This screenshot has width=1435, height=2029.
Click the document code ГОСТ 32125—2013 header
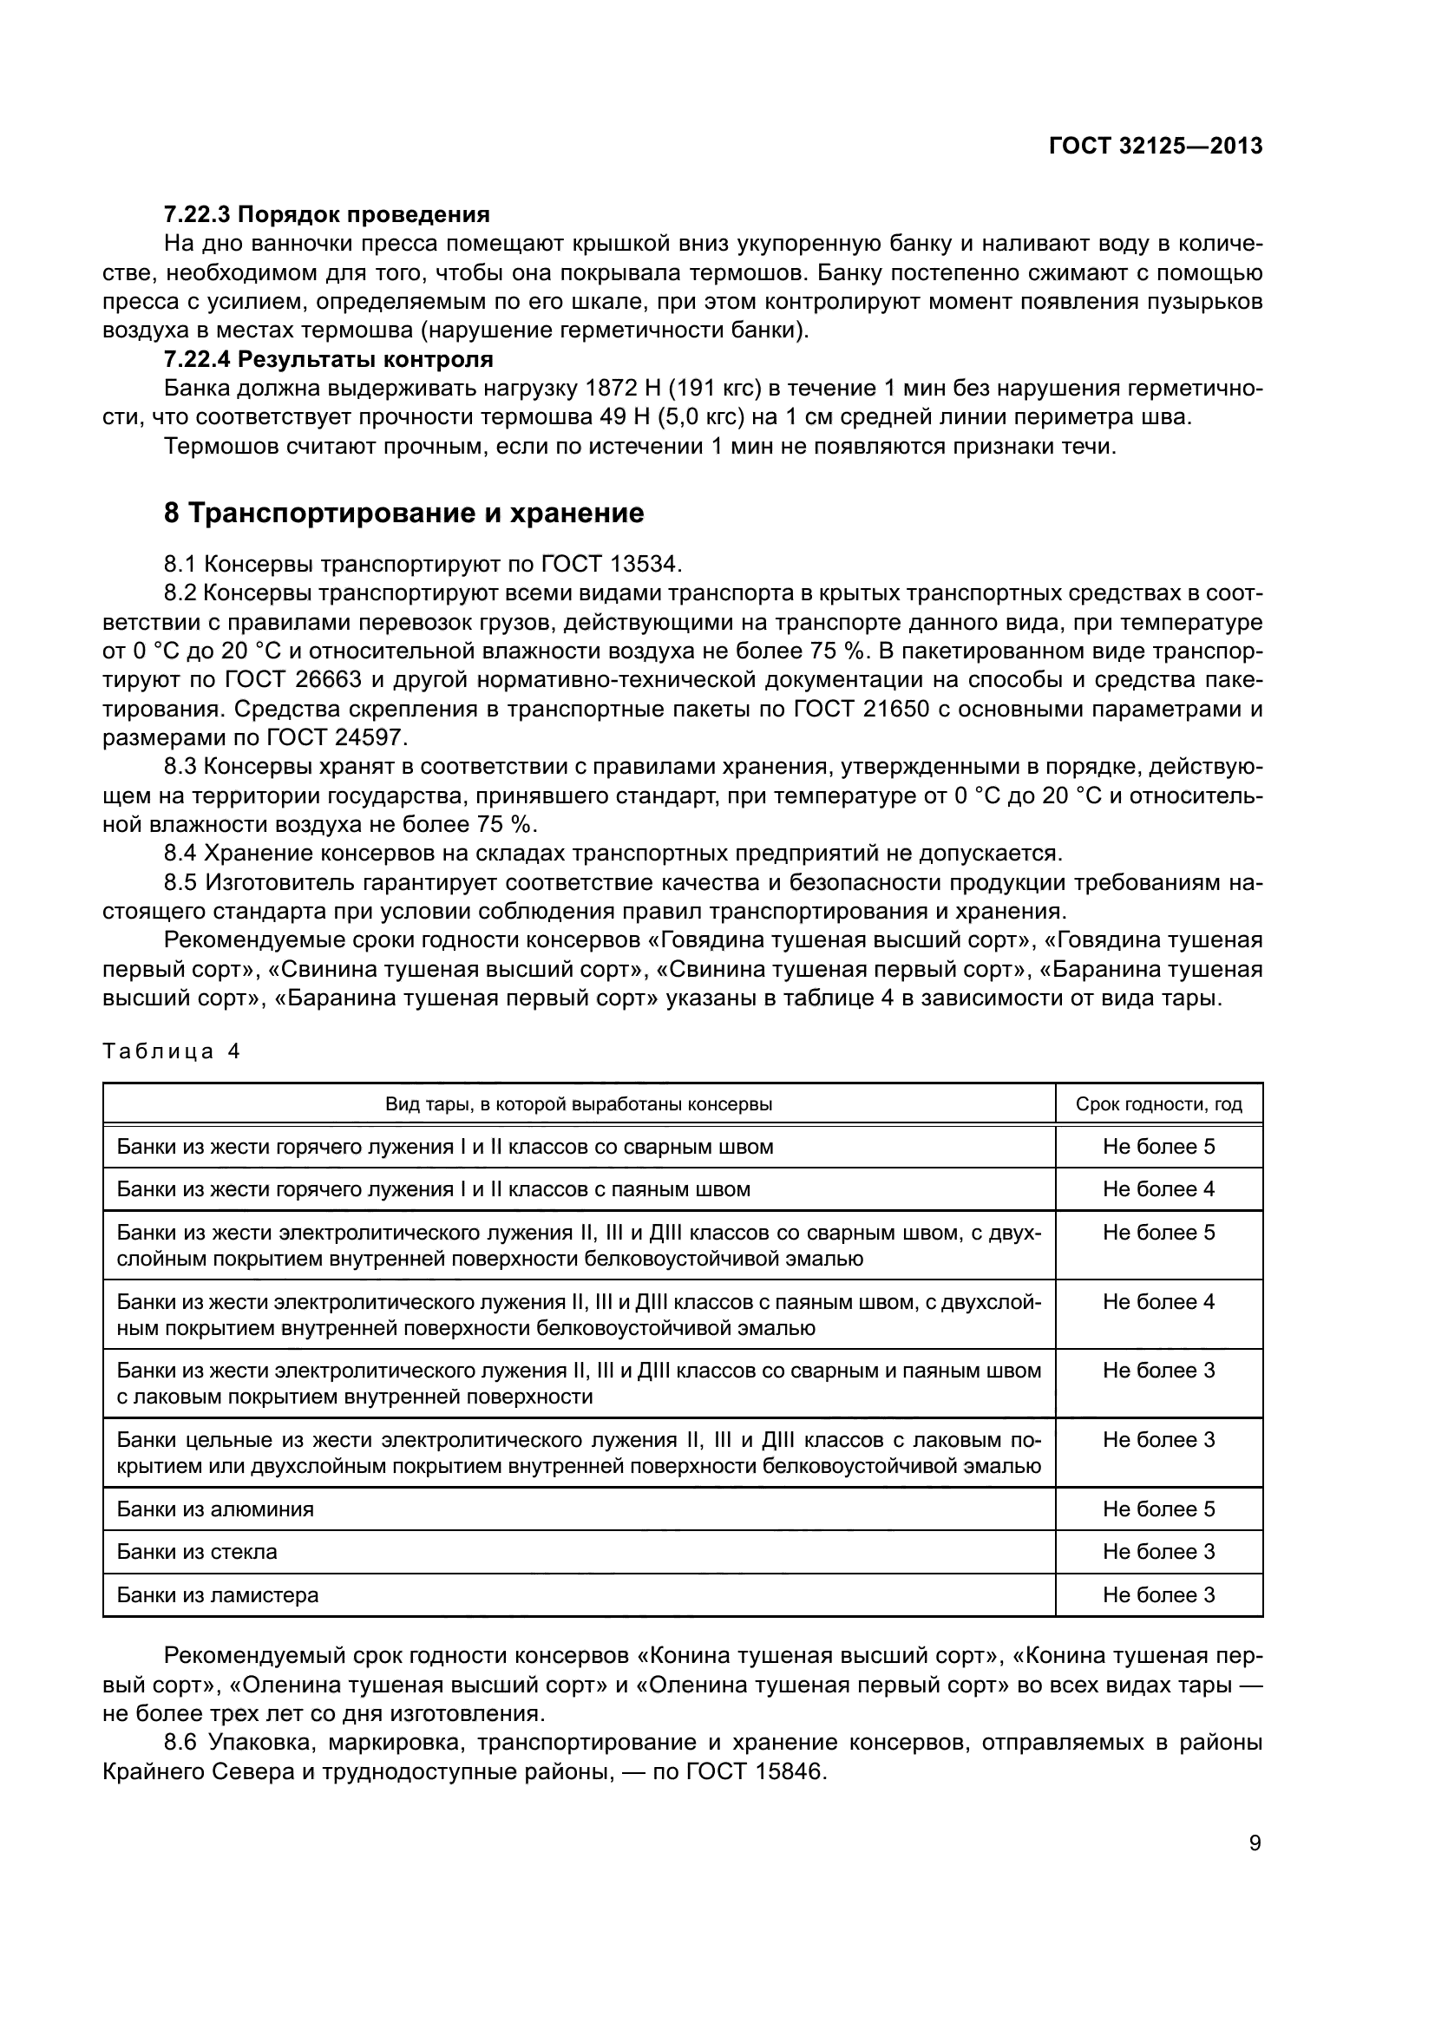point(1156,146)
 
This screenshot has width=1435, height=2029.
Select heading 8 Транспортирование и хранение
point(403,514)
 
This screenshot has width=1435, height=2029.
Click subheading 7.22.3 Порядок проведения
point(326,215)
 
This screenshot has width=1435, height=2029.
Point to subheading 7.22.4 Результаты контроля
point(328,360)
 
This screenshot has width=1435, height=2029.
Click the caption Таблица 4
point(172,1051)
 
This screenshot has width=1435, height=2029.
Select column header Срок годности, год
point(1158,1104)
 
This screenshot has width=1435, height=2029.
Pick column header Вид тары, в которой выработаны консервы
point(579,1104)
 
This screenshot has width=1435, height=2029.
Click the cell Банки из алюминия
point(214,1509)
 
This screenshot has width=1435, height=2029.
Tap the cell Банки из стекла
point(196,1552)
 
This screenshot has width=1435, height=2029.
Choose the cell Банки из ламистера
point(218,1595)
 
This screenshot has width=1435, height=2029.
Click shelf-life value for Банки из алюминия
point(1158,1509)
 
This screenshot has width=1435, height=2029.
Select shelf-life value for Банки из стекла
point(1158,1552)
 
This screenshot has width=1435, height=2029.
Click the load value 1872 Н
point(612,389)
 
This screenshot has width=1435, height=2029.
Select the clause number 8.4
point(180,853)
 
